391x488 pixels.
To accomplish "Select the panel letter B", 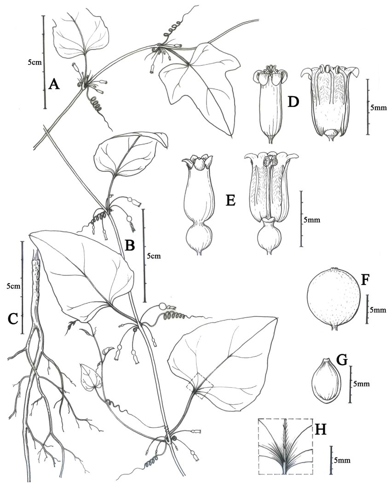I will (x=130, y=245).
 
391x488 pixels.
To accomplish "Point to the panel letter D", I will (x=291, y=102).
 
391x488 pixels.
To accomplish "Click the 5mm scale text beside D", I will (x=379, y=108).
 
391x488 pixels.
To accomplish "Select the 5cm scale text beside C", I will (x=13, y=286).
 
